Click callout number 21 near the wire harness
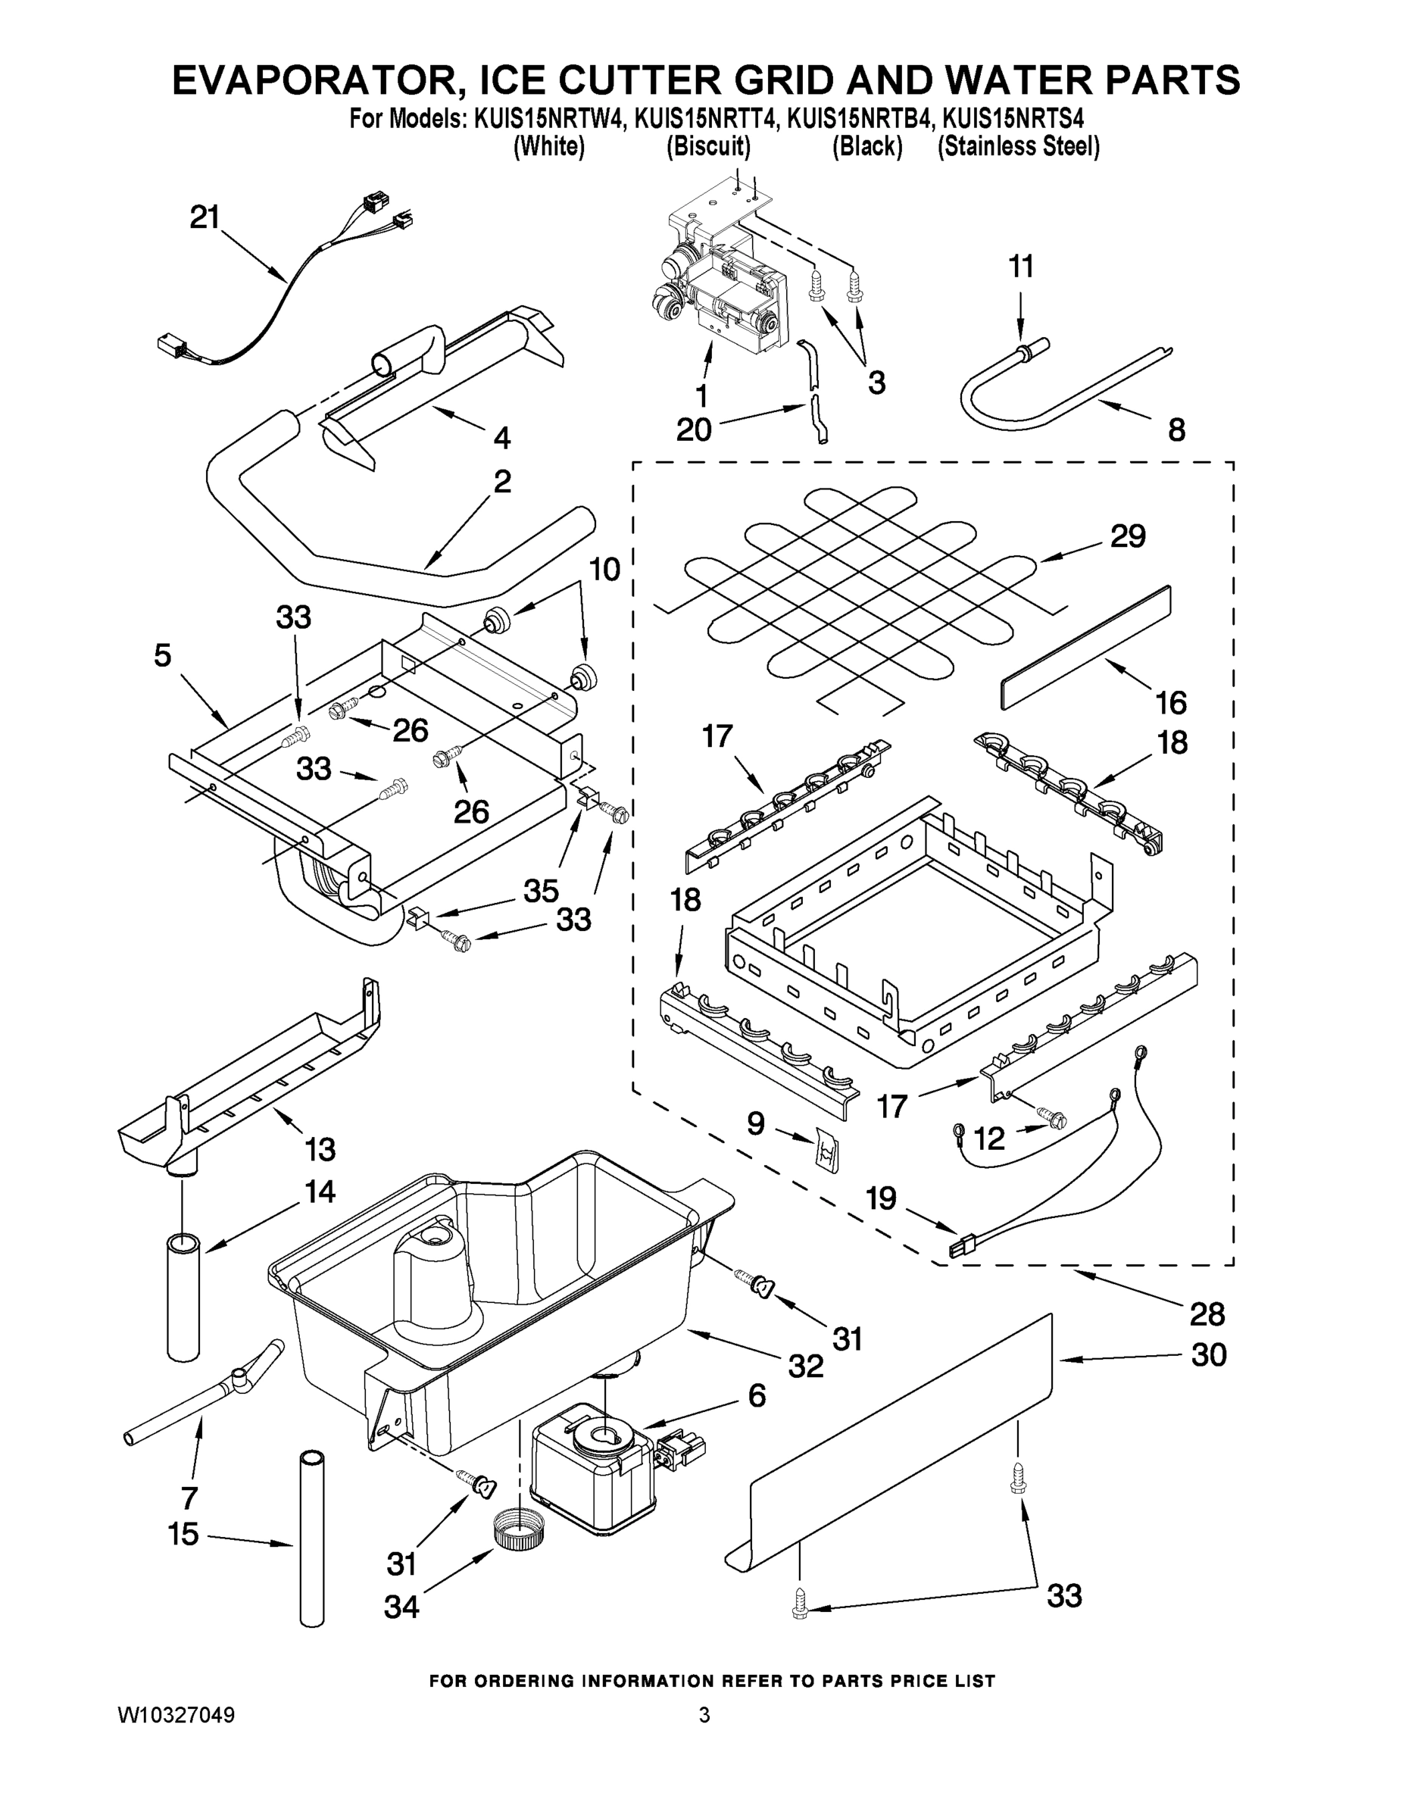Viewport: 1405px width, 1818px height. (204, 218)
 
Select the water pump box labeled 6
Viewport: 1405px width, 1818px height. (592, 1472)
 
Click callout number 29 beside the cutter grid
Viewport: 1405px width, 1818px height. (1127, 536)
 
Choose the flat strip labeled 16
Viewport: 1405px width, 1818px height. (1085, 647)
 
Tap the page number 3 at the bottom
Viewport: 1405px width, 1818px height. (704, 1716)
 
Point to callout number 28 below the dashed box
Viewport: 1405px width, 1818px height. (1207, 1314)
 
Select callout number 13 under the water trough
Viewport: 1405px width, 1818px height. (320, 1150)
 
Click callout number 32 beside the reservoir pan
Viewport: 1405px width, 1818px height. (806, 1365)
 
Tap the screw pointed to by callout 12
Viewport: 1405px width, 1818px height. (1051, 1120)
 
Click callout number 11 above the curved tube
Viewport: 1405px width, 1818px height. (1020, 267)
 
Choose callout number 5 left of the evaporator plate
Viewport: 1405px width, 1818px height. (163, 655)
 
